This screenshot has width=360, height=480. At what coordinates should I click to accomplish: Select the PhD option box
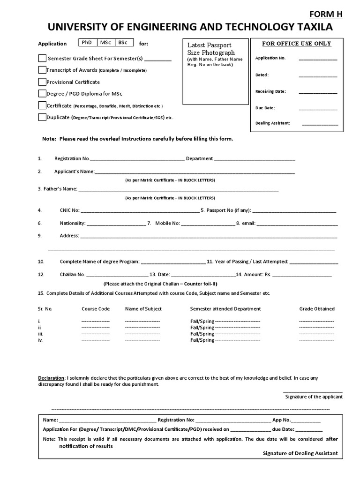click(87, 43)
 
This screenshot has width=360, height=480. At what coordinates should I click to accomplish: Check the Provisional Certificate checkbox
click(42, 82)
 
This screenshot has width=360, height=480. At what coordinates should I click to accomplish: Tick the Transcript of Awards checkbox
click(42, 70)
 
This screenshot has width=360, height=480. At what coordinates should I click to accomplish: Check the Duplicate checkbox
click(42, 117)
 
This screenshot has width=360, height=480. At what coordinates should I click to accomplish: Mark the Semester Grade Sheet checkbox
click(42, 59)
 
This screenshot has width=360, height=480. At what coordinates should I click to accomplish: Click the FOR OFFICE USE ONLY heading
click(296, 44)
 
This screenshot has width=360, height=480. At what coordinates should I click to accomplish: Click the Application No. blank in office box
click(318, 60)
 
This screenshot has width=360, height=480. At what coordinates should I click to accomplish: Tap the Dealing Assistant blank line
click(320, 125)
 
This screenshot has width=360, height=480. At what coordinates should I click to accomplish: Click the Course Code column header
click(96, 309)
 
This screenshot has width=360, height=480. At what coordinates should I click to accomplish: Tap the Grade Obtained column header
click(317, 309)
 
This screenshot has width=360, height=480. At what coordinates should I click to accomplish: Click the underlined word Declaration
click(51, 377)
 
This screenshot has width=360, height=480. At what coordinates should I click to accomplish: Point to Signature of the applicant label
click(314, 397)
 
